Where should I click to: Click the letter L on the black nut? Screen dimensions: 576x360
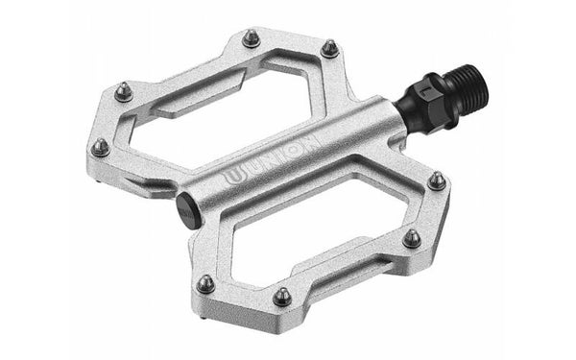click(x=427, y=91)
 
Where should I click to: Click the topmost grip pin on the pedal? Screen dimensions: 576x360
click(x=252, y=38)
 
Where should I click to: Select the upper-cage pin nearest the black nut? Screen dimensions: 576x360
click(x=330, y=49)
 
